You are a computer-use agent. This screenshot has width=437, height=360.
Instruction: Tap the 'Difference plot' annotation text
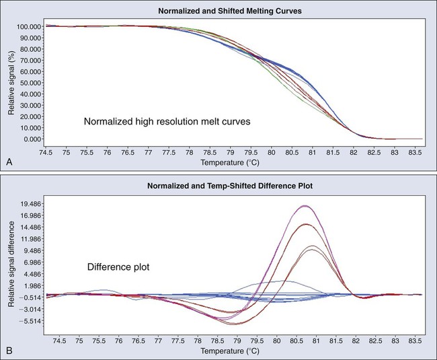tap(118, 266)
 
